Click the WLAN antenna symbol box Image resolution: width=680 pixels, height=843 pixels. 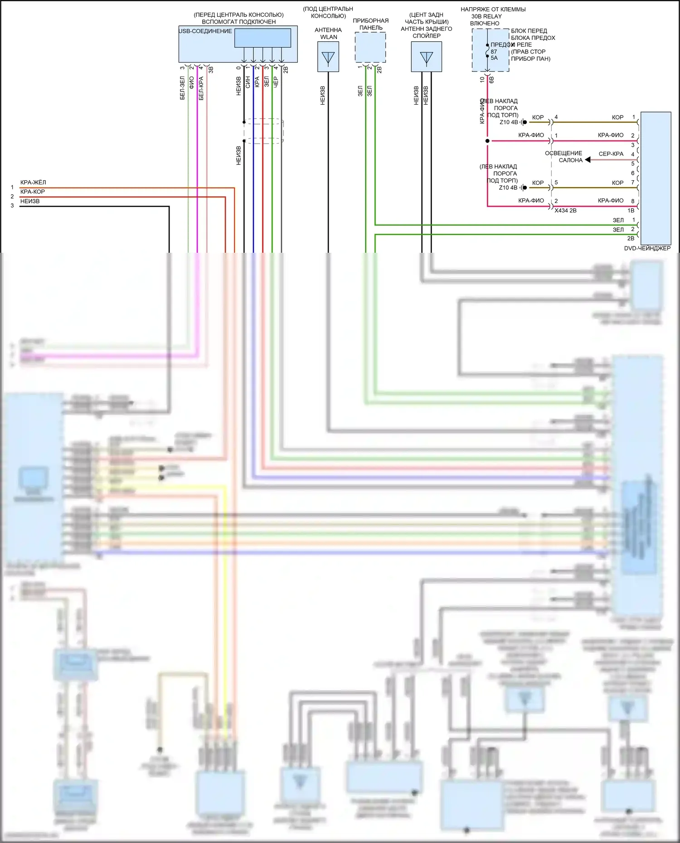[x=328, y=57]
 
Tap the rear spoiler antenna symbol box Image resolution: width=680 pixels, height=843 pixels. [x=426, y=57]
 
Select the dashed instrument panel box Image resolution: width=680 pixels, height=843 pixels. [x=370, y=48]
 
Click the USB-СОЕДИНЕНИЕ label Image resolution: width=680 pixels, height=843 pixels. [x=205, y=31]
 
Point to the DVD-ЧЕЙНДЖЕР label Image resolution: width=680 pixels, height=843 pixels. [x=647, y=248]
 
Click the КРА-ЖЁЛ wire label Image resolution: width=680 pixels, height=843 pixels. [x=33, y=183]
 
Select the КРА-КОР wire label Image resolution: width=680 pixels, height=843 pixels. [x=33, y=192]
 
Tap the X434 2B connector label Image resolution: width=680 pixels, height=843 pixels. [x=565, y=211]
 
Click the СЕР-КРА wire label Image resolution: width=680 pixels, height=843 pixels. [x=611, y=154]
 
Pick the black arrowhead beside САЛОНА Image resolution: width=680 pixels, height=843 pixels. [x=588, y=160]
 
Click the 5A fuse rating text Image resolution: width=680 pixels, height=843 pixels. [x=494, y=58]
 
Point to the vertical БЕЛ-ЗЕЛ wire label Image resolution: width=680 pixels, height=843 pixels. [x=182, y=88]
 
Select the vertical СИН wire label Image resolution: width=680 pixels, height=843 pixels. [x=248, y=82]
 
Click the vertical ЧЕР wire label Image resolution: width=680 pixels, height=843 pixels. [x=276, y=82]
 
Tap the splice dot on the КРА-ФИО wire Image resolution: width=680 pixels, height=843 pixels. [x=487, y=141]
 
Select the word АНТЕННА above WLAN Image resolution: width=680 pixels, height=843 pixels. [x=328, y=30]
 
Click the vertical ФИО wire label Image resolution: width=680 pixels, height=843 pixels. [x=191, y=82]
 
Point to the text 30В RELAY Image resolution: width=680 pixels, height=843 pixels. [x=486, y=16]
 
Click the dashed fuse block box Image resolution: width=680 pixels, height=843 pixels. [x=490, y=50]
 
